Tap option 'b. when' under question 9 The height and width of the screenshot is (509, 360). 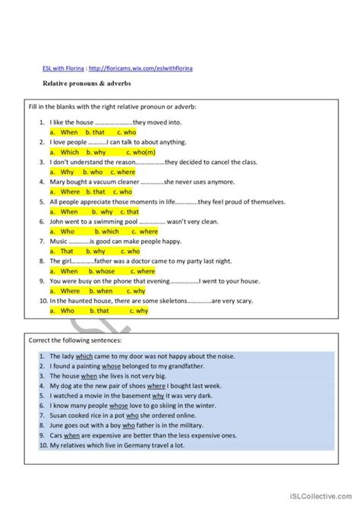pos(103,290)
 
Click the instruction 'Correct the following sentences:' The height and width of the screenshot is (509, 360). pos(70,340)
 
